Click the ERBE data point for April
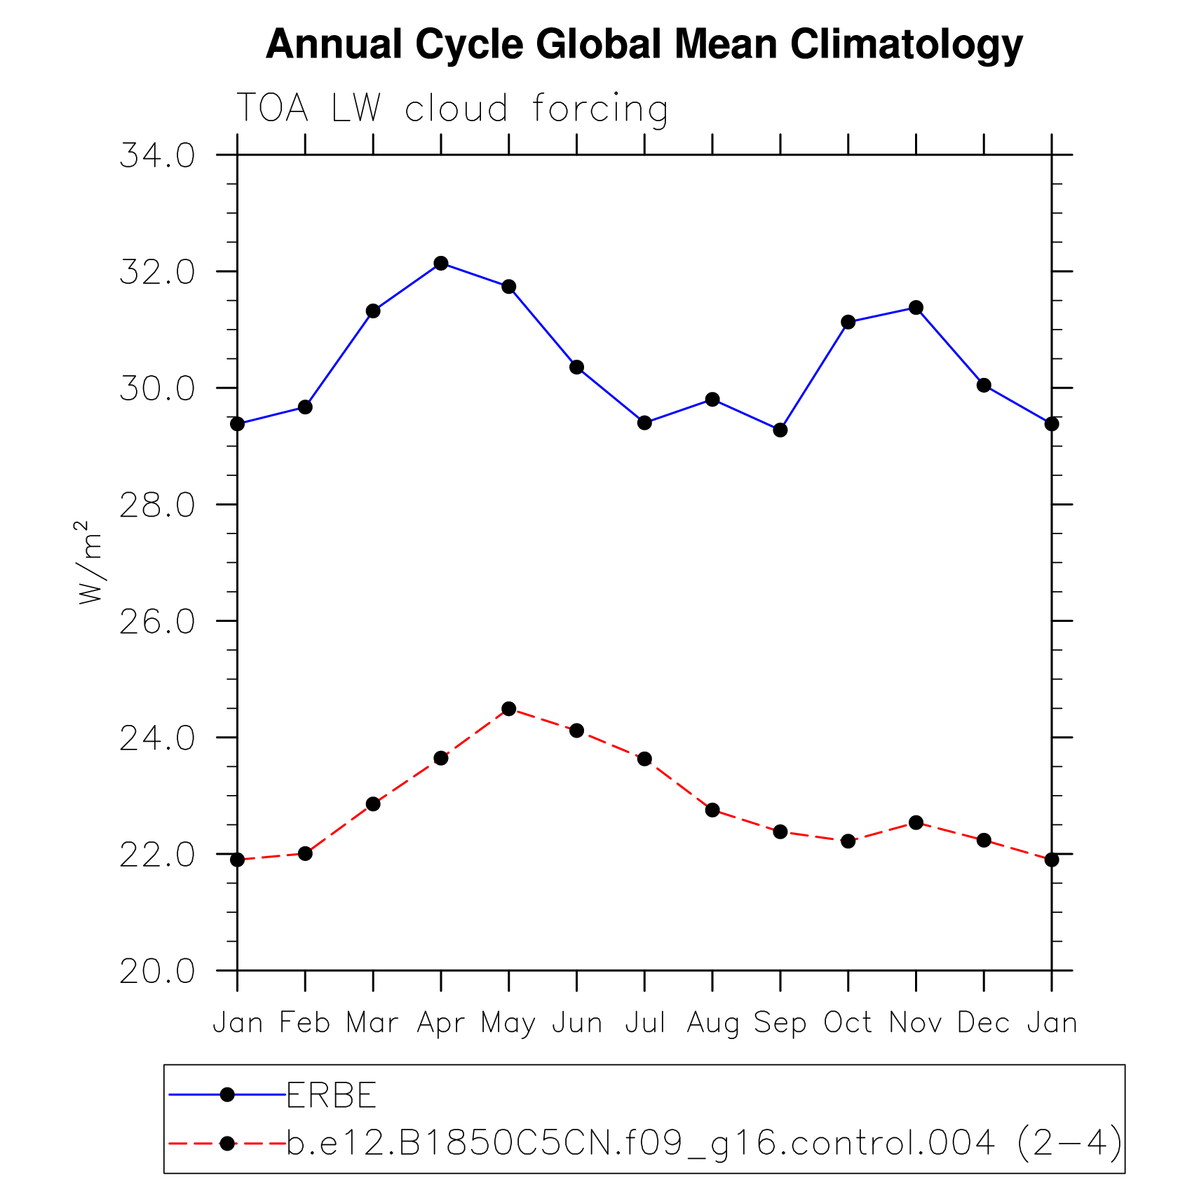(440, 263)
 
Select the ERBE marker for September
(780, 430)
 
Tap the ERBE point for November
(916, 307)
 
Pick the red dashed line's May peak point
(508, 709)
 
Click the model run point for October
(848, 841)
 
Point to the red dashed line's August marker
(712, 810)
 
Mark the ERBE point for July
(644, 423)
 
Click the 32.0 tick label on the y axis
(157, 272)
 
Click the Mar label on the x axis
(372, 1023)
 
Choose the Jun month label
(576, 1023)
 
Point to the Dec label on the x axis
(983, 1023)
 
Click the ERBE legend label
(332, 1095)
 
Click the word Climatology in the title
(906, 44)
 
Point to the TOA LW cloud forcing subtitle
(452, 108)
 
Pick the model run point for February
(305, 853)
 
